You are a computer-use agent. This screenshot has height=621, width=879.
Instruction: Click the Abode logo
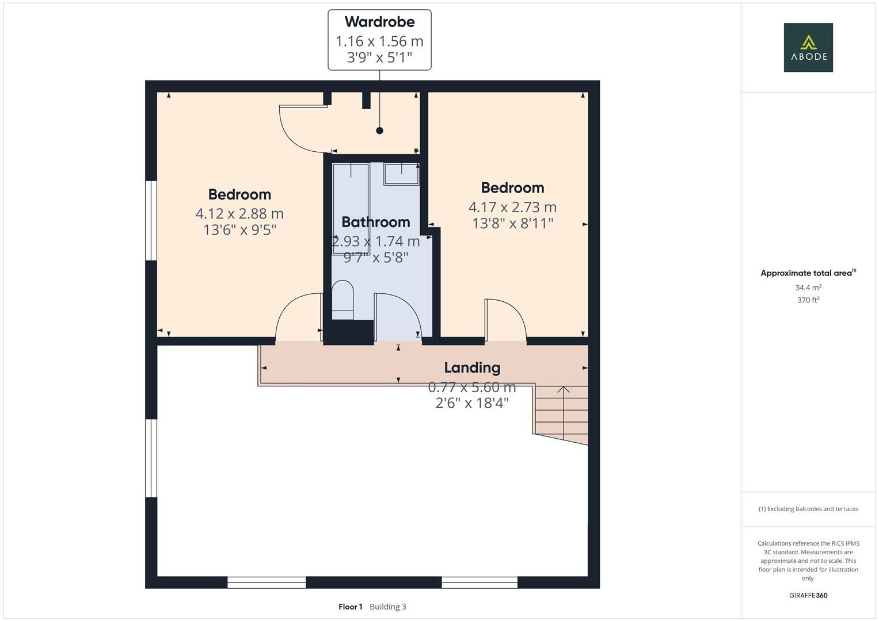808,47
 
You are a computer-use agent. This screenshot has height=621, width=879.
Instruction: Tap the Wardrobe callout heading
379,22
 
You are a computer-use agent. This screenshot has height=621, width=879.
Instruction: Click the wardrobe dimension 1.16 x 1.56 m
379,41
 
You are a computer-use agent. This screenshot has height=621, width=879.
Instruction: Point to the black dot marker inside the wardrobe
379,131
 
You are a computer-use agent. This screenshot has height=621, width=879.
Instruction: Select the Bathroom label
375,222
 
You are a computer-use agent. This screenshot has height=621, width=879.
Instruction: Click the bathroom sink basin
401,173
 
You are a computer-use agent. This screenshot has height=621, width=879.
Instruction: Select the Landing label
472,367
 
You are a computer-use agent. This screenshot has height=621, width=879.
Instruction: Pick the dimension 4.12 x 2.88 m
239,214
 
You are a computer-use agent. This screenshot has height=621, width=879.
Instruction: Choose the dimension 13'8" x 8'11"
512,223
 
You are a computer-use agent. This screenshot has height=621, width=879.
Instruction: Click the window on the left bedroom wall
151,221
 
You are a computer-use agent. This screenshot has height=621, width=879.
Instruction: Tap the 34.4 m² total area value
808,287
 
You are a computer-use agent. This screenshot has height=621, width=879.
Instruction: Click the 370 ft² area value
808,300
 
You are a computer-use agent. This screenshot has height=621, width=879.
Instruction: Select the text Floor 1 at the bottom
350,607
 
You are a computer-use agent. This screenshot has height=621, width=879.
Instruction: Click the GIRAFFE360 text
808,596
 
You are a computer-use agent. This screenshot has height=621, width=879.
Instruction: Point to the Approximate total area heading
807,273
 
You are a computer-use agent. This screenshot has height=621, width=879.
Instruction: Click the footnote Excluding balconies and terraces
808,509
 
